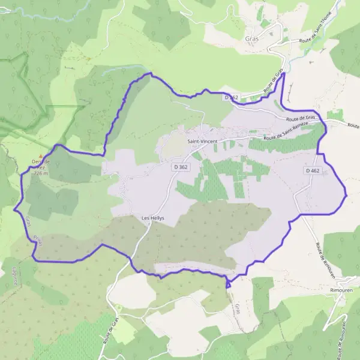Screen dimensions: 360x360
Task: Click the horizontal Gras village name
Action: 252,38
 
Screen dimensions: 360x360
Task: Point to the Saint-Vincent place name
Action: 202,141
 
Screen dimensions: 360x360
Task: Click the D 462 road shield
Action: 312,171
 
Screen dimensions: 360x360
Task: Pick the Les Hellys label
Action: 152,218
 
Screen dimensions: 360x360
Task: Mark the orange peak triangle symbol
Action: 41,155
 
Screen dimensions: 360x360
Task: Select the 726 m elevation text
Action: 40,173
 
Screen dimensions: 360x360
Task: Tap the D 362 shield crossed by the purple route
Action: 232,97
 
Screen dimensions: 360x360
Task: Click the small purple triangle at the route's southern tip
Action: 228,285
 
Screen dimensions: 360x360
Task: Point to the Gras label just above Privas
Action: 28,221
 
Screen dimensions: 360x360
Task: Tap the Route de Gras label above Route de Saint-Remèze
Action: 302,118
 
